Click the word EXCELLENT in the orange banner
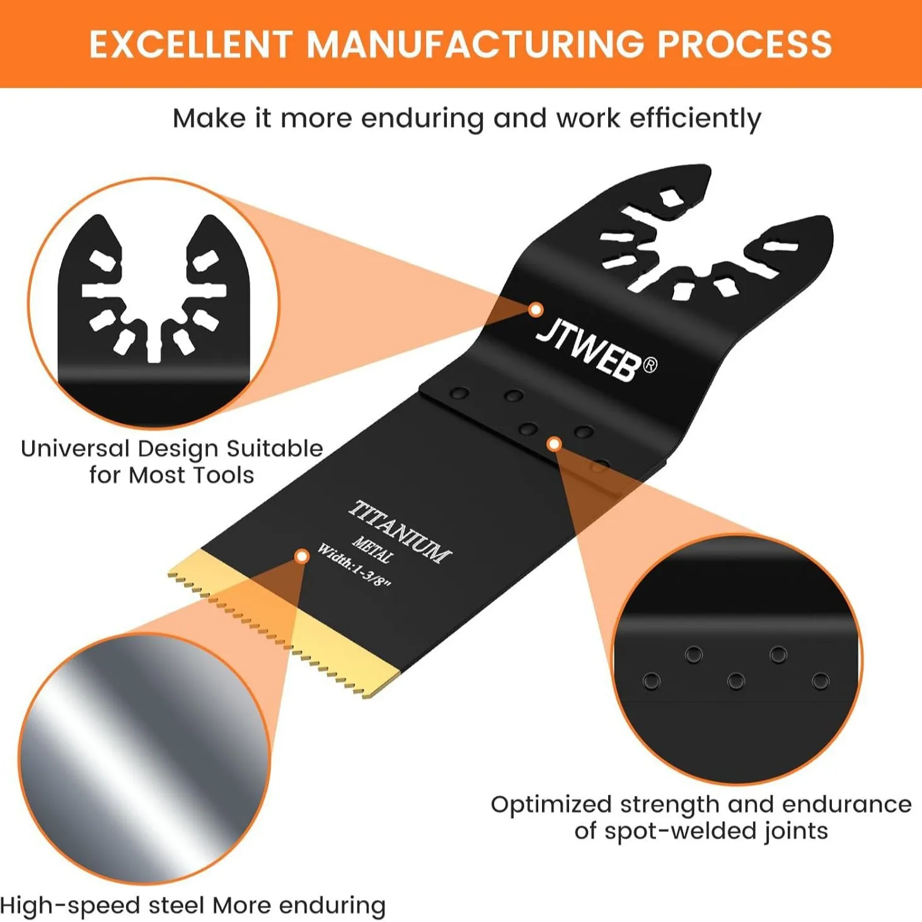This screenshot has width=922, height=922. tap(190, 44)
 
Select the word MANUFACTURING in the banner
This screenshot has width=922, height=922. tap(474, 44)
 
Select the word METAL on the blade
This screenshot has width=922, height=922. tap(374, 550)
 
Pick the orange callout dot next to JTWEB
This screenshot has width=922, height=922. tap(536, 309)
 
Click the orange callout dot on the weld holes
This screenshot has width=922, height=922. tap(554, 444)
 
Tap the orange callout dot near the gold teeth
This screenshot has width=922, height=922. tap(301, 556)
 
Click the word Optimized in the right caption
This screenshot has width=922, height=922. tap(551, 805)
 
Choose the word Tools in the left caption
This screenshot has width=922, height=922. tap(224, 475)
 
